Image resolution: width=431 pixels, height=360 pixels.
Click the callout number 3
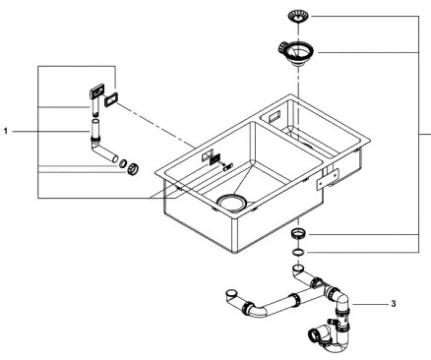pyautogui.click(x=393, y=305)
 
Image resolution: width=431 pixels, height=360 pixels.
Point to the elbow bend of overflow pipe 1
pyautogui.click(x=99, y=154)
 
